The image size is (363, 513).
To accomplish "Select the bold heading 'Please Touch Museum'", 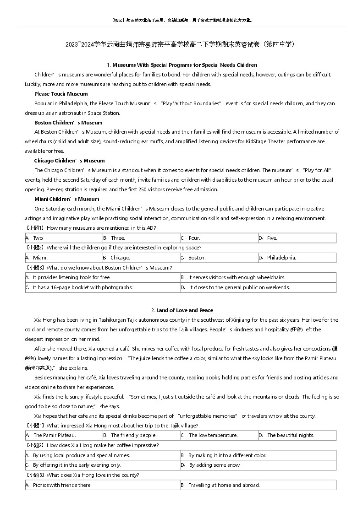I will pos(61,94).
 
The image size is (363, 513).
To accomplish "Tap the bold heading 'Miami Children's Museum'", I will pos(66,199).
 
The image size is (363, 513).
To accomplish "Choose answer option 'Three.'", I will pos(118,238).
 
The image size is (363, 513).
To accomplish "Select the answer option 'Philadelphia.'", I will pos(281,258).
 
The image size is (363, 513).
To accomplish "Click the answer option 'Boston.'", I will pos(197,258).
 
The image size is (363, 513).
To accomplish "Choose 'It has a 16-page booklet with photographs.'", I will pos(82,287).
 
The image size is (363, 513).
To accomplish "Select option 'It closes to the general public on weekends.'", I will pos(239,287).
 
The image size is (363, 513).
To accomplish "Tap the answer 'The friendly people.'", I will pos(133,435).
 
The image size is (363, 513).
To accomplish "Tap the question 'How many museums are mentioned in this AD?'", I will pos(101,228).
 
